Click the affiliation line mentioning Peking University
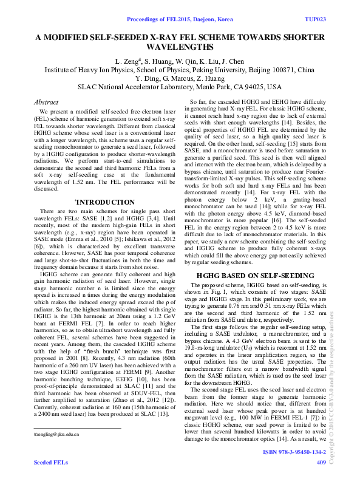click(180, 70)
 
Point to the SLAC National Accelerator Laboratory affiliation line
click(180, 87)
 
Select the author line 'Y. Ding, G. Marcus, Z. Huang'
click(180, 78)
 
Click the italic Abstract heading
click(46, 103)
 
